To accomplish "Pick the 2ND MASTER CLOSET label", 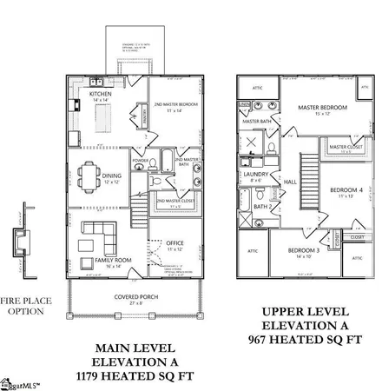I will [x=175, y=202].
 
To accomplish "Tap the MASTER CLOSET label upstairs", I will [x=345, y=149].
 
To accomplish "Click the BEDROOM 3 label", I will [x=304, y=252].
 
